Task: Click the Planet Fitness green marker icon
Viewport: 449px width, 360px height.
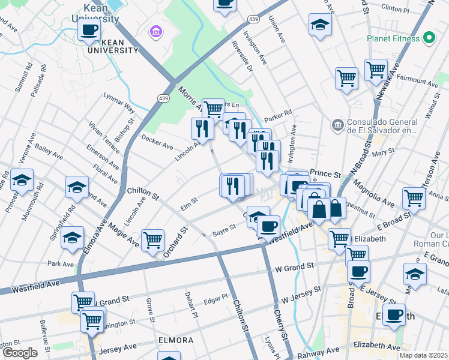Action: (429, 38)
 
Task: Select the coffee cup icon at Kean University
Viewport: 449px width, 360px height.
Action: (89, 30)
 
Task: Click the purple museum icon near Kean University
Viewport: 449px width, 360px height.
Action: (156, 31)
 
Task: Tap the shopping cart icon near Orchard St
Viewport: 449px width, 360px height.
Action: (153, 240)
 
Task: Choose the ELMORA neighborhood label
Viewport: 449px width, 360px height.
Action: (176, 340)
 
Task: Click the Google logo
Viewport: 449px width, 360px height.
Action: (20, 353)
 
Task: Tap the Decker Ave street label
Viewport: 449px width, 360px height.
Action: (157, 142)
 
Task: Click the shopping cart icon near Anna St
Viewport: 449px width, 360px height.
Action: (414, 197)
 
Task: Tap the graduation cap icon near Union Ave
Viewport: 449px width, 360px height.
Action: (321, 24)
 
